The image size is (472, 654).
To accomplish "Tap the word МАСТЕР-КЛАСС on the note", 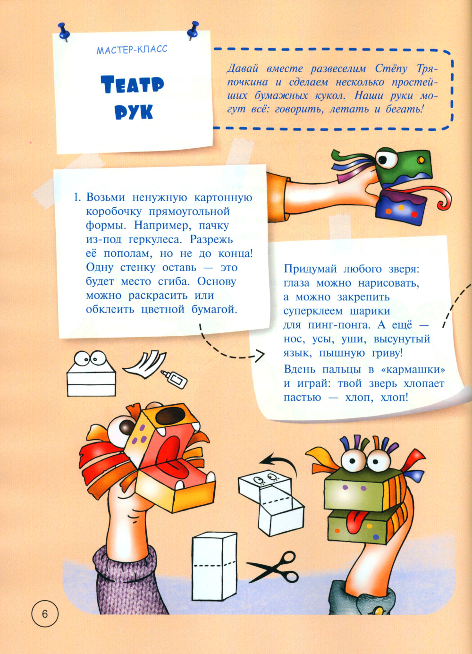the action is point(132,50).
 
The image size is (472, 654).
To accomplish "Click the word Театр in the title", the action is point(133,84).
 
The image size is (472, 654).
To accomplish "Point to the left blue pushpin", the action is point(63,32).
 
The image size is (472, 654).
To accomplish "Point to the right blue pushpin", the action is point(193,30).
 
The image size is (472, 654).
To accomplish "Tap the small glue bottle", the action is point(174,379).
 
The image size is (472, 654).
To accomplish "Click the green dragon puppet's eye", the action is point(386,159).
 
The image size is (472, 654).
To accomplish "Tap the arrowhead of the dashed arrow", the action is point(259,356).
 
